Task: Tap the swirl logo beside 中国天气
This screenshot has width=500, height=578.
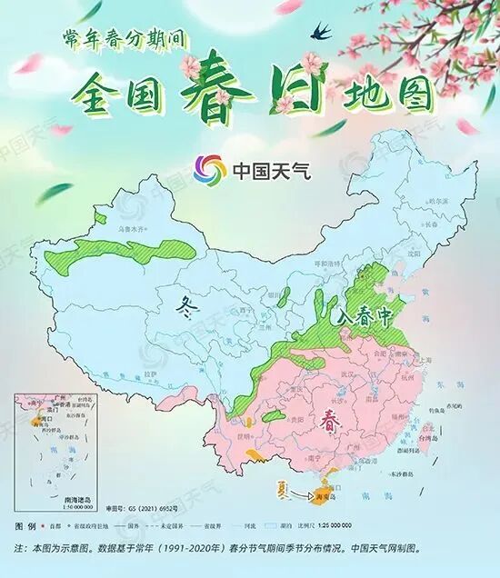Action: (209, 169)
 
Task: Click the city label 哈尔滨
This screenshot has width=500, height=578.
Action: (438, 200)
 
